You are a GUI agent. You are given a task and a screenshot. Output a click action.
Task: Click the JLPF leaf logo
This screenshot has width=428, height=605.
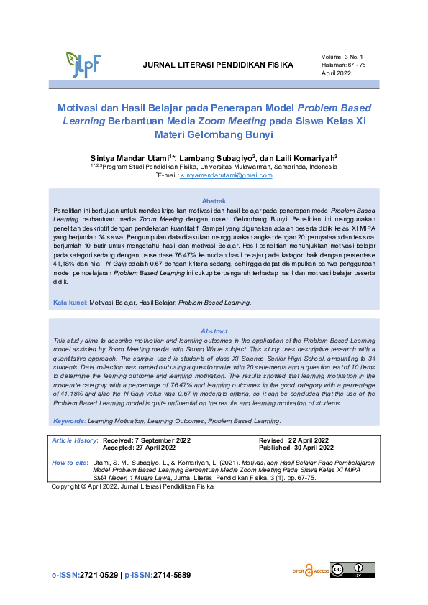pyautogui.click(x=83, y=64)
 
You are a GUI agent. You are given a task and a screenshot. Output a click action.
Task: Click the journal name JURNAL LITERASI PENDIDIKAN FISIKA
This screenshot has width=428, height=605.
pyautogui.click(x=219, y=65)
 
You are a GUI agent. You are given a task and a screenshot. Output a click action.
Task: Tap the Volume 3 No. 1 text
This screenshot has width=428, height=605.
pyautogui.click(x=343, y=55)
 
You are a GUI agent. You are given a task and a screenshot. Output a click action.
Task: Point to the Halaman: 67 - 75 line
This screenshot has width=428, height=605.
pyautogui.click(x=344, y=65)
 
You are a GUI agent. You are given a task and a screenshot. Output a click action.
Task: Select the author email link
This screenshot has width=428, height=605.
pyautogui.click(x=227, y=175)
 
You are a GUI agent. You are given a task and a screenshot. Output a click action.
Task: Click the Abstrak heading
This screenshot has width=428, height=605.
pyautogui.click(x=214, y=200)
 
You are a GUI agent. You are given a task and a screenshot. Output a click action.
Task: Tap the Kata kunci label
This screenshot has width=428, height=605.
pyautogui.click(x=70, y=302)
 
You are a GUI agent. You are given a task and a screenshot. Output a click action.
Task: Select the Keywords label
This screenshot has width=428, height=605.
pyautogui.click(x=70, y=420)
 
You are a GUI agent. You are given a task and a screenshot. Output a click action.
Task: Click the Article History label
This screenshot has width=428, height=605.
pyautogui.click(x=75, y=439)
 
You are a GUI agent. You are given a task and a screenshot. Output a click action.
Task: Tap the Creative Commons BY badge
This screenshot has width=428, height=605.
pyautogui.click(x=352, y=569)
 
